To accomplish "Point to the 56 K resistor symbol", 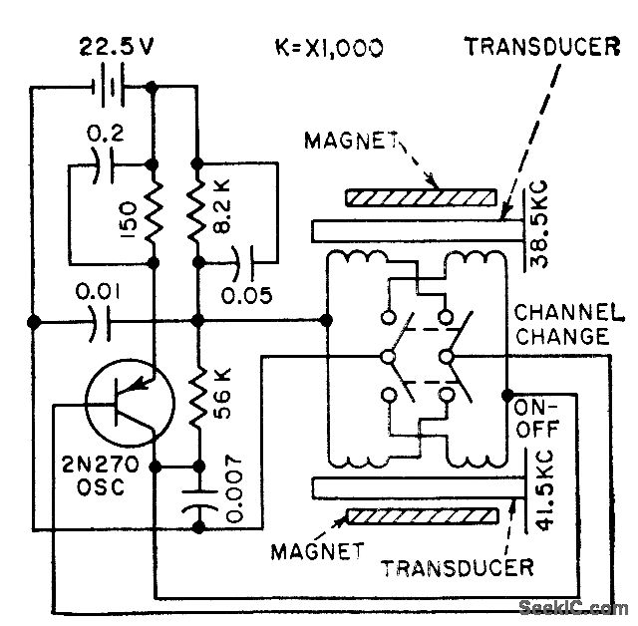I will pos(198,398).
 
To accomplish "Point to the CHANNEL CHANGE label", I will pos(565,326).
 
